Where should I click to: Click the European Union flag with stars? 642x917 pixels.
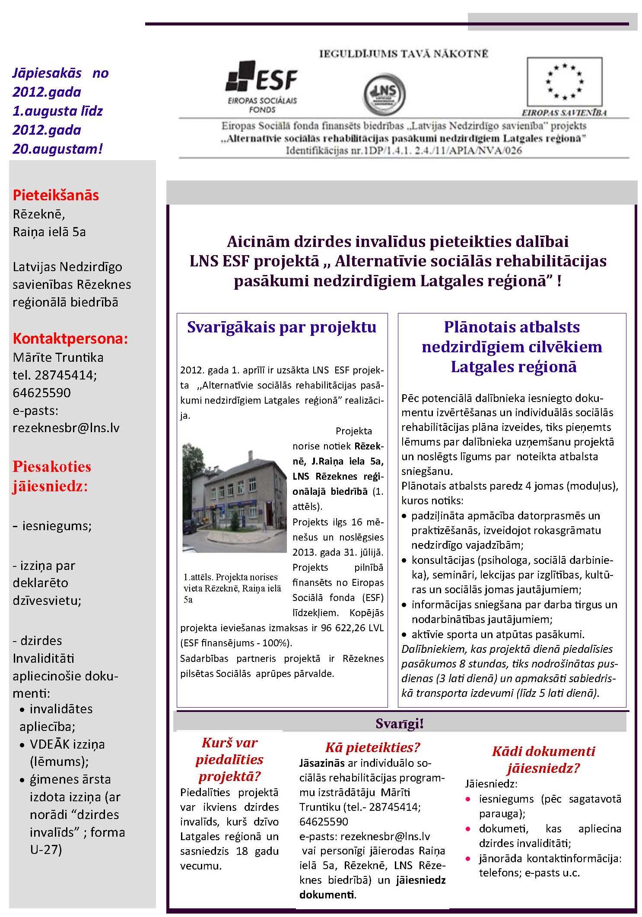pyautogui.click(x=564, y=81)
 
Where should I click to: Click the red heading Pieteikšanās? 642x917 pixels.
pyautogui.click(x=56, y=195)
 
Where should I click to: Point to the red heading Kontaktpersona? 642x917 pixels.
pyautogui.click(x=70, y=338)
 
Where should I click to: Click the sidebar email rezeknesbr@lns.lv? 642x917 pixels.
pyautogui.click(x=66, y=428)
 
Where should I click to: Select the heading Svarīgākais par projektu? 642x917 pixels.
pyautogui.click(x=282, y=327)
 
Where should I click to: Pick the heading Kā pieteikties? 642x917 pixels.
pyautogui.click(x=372, y=747)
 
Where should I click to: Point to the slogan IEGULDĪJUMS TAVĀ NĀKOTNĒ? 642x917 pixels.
pyautogui.click(x=404, y=54)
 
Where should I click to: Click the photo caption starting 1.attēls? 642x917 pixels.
pyautogui.click(x=232, y=588)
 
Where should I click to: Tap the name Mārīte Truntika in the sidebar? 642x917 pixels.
pyautogui.click(x=58, y=357)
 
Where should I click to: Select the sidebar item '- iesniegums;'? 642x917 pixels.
pyautogui.click(x=52, y=526)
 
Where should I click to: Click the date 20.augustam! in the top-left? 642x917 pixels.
pyautogui.click(x=57, y=149)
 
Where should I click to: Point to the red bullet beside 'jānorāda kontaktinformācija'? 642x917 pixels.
pyautogui.click(x=468, y=858)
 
